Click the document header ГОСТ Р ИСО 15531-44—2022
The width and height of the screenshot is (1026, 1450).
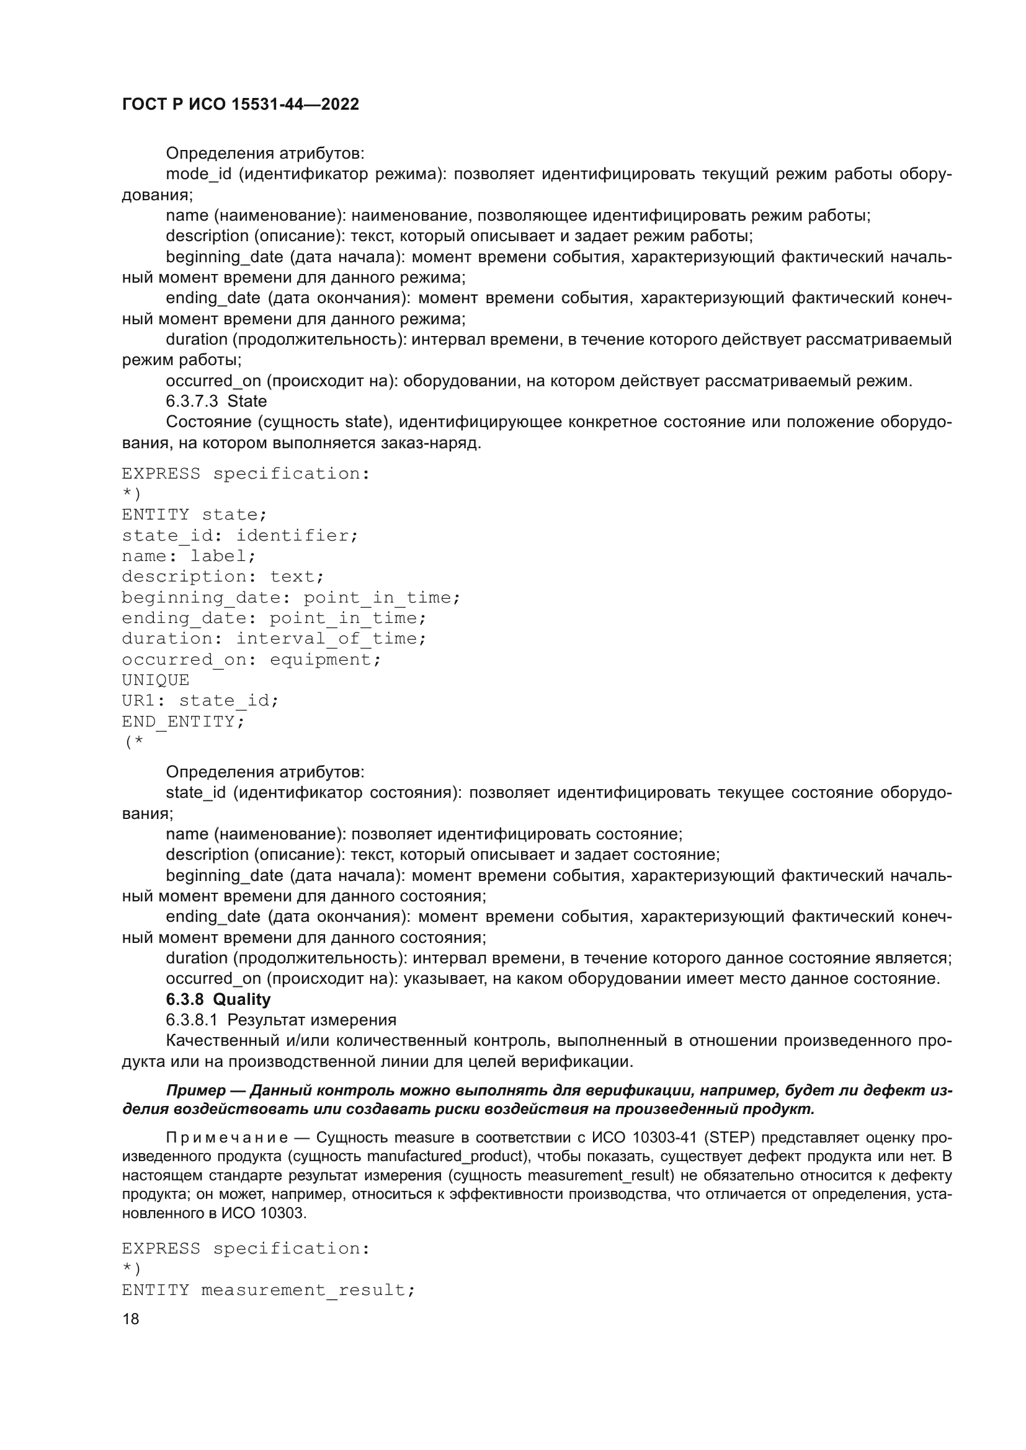[240, 104]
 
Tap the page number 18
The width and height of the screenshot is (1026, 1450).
[131, 1319]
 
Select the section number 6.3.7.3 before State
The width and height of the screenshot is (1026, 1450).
[192, 401]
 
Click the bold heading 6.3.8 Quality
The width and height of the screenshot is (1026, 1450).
[218, 999]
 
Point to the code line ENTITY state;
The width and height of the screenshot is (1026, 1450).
[194, 515]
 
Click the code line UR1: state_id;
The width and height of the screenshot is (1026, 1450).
[200, 701]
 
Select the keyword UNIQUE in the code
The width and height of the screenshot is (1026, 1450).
[156, 679]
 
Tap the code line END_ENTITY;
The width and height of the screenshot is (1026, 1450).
[182, 721]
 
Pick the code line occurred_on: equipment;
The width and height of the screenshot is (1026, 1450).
[251, 660]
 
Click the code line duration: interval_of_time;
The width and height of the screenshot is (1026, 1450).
[274, 639]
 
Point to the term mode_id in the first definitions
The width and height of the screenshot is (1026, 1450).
[199, 174]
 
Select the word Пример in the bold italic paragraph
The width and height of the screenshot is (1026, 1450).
[195, 1090]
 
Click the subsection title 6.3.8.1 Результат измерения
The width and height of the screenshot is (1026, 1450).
[281, 1020]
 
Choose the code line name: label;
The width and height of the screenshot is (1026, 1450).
[189, 555]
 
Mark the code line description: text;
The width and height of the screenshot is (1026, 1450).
[223, 577]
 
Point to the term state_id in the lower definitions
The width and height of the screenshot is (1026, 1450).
[195, 793]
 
